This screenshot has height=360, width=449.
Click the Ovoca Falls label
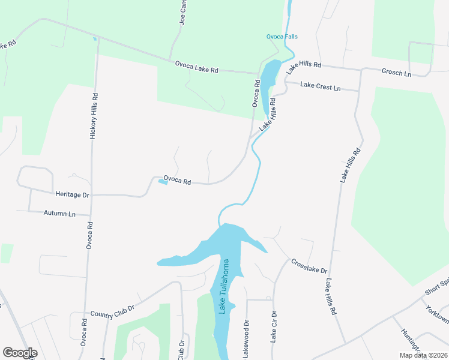click(x=282, y=37)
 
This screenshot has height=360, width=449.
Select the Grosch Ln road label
click(x=396, y=73)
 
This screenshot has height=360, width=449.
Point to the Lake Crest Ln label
click(x=320, y=87)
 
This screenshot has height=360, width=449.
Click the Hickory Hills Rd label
click(x=94, y=116)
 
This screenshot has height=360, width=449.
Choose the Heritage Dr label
click(x=72, y=195)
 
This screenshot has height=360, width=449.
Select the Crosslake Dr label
click(x=309, y=267)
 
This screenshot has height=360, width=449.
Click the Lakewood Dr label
click(x=246, y=339)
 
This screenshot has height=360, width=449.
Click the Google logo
click(x=20, y=353)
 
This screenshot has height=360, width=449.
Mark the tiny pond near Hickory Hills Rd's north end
click(x=94, y=40)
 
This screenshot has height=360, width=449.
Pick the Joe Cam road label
click(x=182, y=13)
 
